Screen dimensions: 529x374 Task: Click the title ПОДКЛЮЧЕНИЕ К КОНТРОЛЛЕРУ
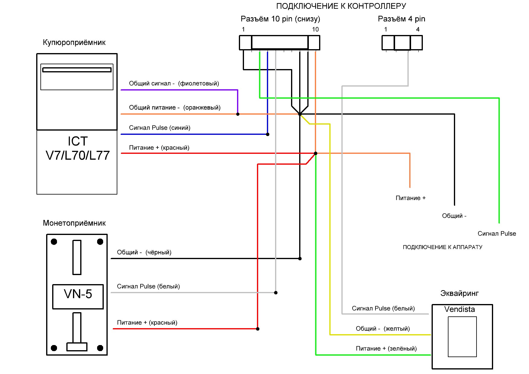(x=341, y=6)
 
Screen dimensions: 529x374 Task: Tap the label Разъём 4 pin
(x=401, y=19)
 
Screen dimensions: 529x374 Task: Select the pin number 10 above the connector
(x=315, y=29)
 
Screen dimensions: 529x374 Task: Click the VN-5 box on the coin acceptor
(x=78, y=297)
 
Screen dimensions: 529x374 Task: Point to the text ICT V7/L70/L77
(x=78, y=148)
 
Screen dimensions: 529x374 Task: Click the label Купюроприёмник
(x=74, y=43)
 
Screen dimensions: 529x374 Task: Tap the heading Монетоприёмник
(x=74, y=223)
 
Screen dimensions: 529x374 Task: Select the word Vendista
(x=459, y=309)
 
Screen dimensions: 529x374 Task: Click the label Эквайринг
(x=459, y=293)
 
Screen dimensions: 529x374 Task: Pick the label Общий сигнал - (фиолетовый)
(x=174, y=84)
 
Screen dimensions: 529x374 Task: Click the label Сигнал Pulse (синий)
(x=160, y=128)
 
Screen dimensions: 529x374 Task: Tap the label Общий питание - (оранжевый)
(x=175, y=108)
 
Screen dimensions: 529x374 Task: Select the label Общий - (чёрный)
(x=144, y=252)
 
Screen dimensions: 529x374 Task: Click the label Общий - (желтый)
(x=383, y=329)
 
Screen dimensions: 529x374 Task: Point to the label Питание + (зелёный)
(x=386, y=349)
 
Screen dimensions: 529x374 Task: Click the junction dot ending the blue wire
(x=268, y=134)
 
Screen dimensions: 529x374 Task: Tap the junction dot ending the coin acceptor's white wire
(x=276, y=293)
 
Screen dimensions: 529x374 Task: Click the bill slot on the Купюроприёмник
(x=77, y=70)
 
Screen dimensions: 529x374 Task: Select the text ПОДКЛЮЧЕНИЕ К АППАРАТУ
(x=442, y=247)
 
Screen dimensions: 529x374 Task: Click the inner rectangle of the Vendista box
(x=462, y=337)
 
